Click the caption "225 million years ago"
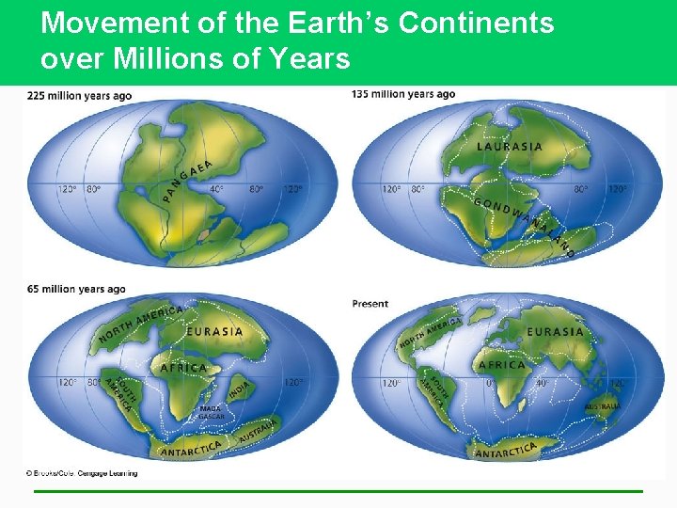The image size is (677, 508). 79,96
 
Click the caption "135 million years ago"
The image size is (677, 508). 403,94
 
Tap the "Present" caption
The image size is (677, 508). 370,304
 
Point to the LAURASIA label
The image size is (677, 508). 510,147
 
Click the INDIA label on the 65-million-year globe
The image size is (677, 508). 240,389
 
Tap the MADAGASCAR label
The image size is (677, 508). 211,412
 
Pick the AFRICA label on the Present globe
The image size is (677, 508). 502,365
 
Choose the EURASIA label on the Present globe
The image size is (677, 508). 555,332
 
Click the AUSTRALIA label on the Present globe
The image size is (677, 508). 603,406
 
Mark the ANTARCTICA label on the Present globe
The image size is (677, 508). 506,450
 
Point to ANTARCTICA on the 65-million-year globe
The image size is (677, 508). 191,449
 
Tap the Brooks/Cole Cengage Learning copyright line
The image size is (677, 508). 81,473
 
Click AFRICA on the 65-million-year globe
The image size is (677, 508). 182,368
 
